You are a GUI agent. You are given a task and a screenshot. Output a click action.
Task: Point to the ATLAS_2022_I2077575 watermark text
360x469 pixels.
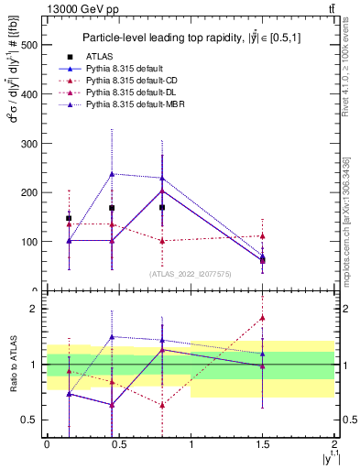(x=191, y=273)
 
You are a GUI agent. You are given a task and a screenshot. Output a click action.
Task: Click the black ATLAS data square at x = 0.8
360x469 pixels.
(x=162, y=208)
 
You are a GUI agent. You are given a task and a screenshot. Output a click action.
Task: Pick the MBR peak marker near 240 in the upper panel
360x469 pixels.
(x=113, y=173)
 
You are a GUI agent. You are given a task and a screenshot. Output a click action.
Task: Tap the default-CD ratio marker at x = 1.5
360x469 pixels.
(x=263, y=318)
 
